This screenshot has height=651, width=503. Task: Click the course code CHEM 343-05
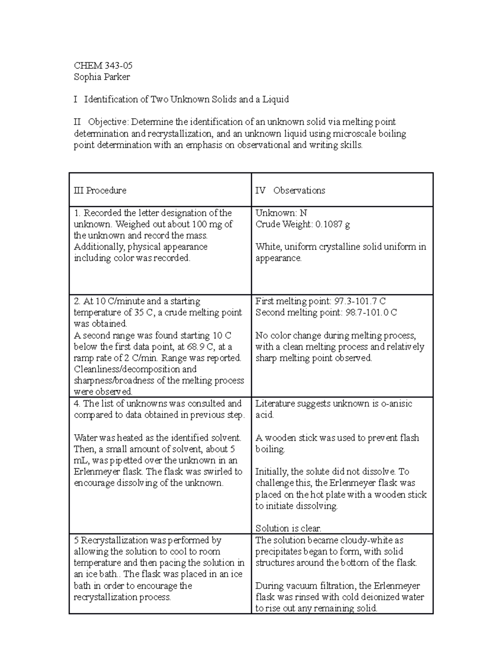[x=103, y=65]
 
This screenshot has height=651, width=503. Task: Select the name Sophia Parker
[x=102, y=77]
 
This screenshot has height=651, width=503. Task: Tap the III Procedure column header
[x=100, y=190]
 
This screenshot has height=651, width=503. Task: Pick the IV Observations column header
[x=290, y=190]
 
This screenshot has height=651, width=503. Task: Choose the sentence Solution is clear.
[x=288, y=528]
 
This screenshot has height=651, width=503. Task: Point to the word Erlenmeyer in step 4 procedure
[x=96, y=472]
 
